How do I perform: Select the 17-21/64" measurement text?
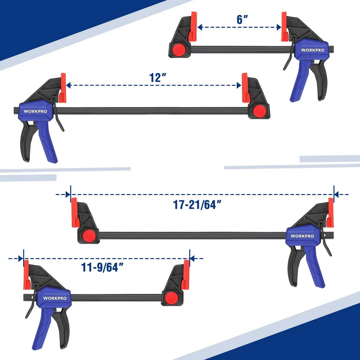coord(197,205)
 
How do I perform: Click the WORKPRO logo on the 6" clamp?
coord(313,50)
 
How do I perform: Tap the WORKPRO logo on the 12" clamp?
coord(35,111)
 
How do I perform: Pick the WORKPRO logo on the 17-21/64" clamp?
coord(302,236)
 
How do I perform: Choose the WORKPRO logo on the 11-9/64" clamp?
coord(55,298)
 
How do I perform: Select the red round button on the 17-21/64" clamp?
coord(88,236)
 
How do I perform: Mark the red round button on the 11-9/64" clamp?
coord(170,298)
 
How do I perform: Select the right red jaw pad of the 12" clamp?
coord(244,87)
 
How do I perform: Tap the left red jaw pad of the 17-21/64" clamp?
coord(74,212)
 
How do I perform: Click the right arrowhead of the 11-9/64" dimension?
coord(192,259)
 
